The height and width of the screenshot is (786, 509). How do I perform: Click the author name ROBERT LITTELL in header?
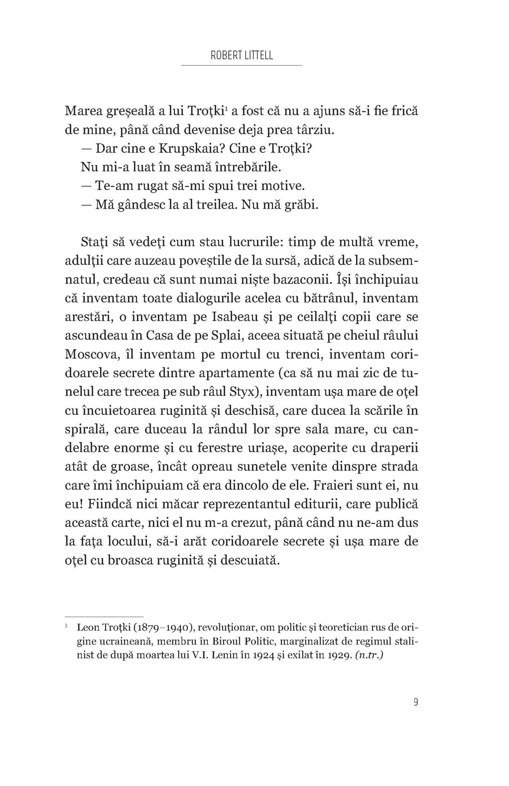click(242, 55)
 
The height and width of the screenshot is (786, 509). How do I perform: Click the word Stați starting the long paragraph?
click(94, 242)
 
